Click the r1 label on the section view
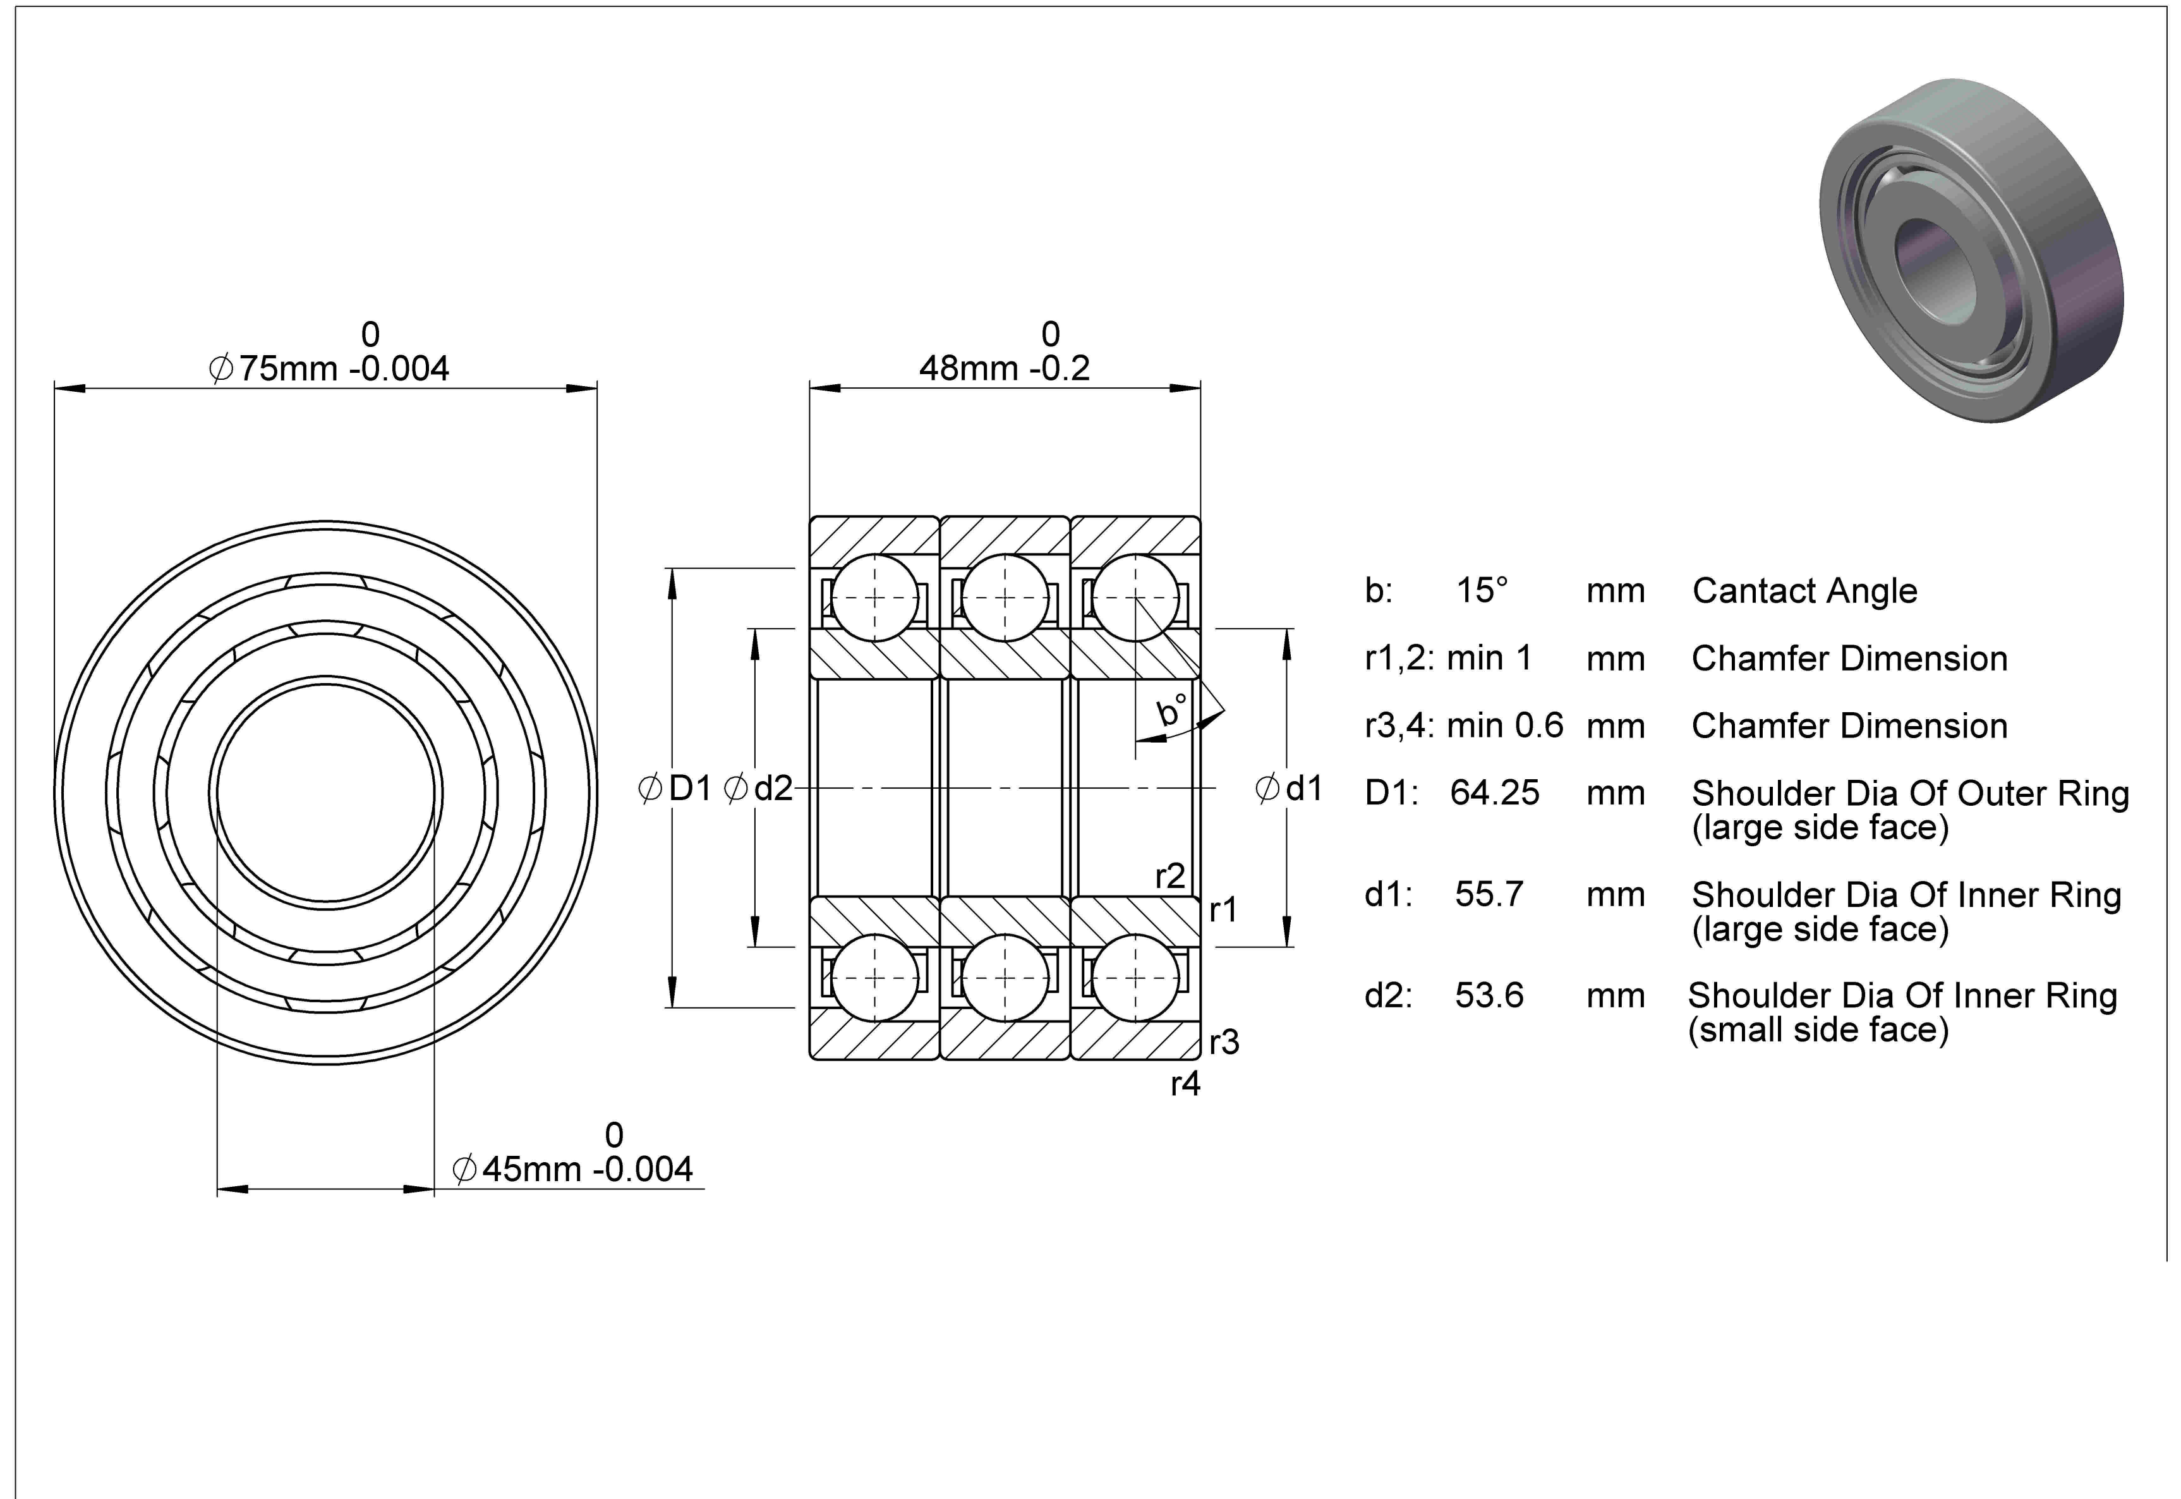click(1223, 909)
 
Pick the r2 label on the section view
click(1170, 877)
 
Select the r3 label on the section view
click(1224, 1041)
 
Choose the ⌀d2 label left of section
click(759, 788)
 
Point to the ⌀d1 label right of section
click(1289, 788)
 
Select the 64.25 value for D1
click(1495, 792)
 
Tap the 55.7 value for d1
click(1489, 894)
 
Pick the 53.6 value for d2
click(1489, 995)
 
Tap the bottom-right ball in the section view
click(1135, 978)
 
